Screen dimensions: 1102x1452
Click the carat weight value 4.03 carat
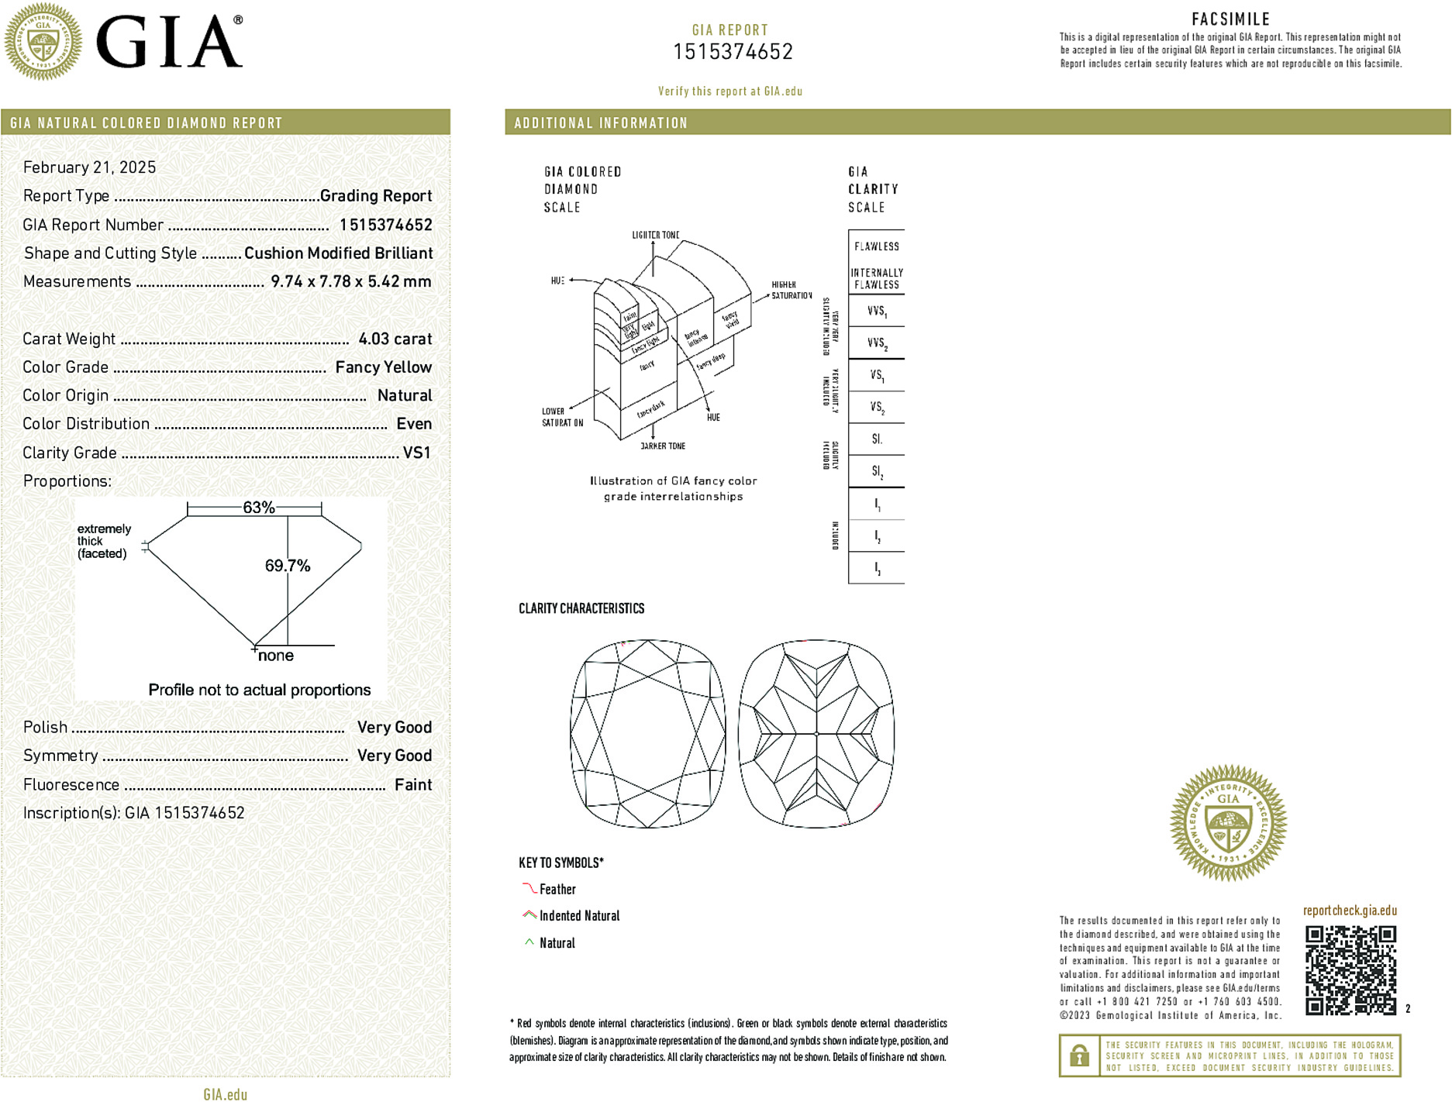pos(395,339)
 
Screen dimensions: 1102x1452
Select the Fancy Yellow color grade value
pos(383,367)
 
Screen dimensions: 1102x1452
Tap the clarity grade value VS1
pos(416,453)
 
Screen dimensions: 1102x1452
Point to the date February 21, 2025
pos(89,167)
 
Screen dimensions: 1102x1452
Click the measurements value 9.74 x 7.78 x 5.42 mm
pos(350,281)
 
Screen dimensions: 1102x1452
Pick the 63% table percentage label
pos(258,508)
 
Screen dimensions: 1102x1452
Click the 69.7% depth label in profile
pos(287,566)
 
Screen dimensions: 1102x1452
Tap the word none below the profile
pos(275,656)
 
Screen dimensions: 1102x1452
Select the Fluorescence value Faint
pos(412,784)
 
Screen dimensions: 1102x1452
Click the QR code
pos(1350,969)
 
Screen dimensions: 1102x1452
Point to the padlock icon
pos(1079,1056)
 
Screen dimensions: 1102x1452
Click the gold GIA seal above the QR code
pos(1228,822)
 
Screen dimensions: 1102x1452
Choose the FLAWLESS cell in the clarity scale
pos(876,246)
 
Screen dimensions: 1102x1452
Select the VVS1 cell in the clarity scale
pos(877,312)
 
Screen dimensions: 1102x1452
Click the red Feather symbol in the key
pos(529,888)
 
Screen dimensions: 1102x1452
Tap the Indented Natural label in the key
pos(579,916)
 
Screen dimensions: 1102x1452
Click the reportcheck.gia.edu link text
pos(1350,911)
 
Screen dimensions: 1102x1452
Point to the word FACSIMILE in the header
pos(1230,19)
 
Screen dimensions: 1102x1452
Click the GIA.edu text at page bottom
pos(226,1094)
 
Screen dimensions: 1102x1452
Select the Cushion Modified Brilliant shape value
pos(338,253)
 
